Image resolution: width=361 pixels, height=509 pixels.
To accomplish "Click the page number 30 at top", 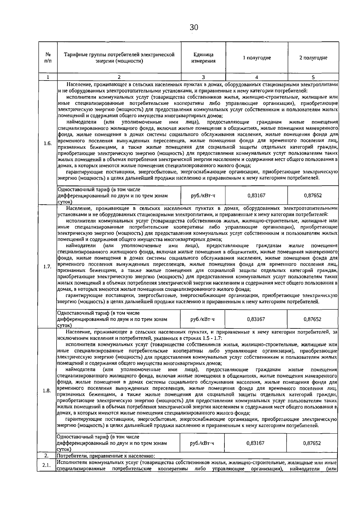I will point(194,28).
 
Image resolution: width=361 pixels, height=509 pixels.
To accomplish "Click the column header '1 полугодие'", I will point(257,58).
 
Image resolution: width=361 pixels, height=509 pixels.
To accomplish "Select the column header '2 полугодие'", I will point(313,58).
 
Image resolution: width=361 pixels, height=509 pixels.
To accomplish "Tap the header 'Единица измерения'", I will point(203,58).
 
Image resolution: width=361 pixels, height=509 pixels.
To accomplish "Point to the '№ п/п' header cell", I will point(48,58).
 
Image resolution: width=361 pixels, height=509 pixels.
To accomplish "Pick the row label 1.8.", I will point(47,391).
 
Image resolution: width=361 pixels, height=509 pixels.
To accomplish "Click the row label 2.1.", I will point(46,465).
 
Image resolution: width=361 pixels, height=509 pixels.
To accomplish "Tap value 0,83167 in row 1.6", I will point(256,196).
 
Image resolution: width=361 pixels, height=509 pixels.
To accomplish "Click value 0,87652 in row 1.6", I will point(313,196).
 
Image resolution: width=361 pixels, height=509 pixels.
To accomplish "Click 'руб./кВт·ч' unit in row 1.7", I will point(203,319).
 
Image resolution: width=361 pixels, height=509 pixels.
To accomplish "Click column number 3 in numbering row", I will point(203,77).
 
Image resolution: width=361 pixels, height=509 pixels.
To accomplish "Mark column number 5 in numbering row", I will point(313,77).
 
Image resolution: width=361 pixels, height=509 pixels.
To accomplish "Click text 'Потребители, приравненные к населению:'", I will point(106,456).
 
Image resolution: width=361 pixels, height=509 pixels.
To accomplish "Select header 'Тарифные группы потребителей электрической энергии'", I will point(119,58).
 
